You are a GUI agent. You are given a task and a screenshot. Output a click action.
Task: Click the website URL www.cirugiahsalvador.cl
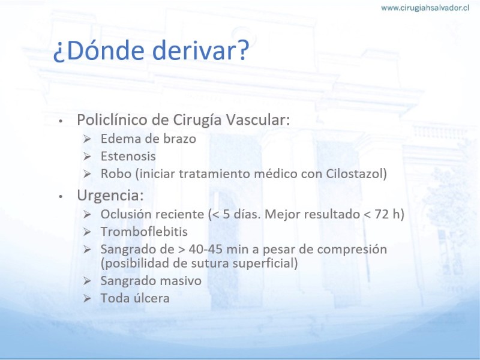click(425, 8)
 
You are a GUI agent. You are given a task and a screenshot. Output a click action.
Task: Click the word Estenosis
click(128, 156)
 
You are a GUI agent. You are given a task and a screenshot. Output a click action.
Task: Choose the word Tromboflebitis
click(144, 232)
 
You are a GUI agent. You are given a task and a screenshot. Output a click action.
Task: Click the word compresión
click(352, 250)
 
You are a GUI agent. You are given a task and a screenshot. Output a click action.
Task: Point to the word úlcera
click(152, 298)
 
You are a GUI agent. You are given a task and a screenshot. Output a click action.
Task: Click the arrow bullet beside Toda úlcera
click(87, 298)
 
